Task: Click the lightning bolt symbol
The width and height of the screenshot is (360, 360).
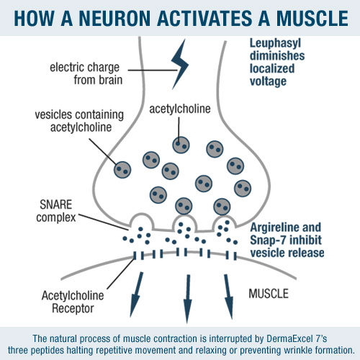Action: coord(181,64)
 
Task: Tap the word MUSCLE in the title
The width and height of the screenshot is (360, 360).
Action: coord(312,18)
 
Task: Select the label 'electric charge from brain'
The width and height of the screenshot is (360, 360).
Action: coord(86,73)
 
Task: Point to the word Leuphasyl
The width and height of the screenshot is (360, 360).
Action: coord(275,43)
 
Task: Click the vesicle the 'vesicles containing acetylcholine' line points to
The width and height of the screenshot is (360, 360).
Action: coord(122,170)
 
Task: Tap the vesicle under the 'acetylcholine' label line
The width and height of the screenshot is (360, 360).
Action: coord(181,145)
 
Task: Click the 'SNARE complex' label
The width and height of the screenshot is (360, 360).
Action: coord(56,211)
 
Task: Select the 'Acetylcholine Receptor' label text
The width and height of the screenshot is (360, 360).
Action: coord(73,302)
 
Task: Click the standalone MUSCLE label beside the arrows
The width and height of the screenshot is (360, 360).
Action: coord(269,294)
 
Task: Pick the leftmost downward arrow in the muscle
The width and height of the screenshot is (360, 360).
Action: coord(137,294)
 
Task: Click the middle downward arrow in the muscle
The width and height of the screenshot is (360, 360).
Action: coord(187,299)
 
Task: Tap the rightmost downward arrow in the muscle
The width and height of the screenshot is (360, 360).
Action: coord(229,297)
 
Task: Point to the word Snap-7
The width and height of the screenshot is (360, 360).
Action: coord(268,240)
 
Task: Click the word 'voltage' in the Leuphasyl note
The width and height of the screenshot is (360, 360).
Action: coord(268,82)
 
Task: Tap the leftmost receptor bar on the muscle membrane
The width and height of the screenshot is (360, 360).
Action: coord(135,256)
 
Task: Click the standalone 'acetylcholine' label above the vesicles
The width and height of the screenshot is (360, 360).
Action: coord(180,109)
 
